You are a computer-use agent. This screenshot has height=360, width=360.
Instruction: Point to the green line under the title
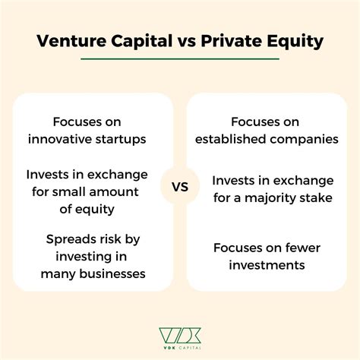coord(180,58)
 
